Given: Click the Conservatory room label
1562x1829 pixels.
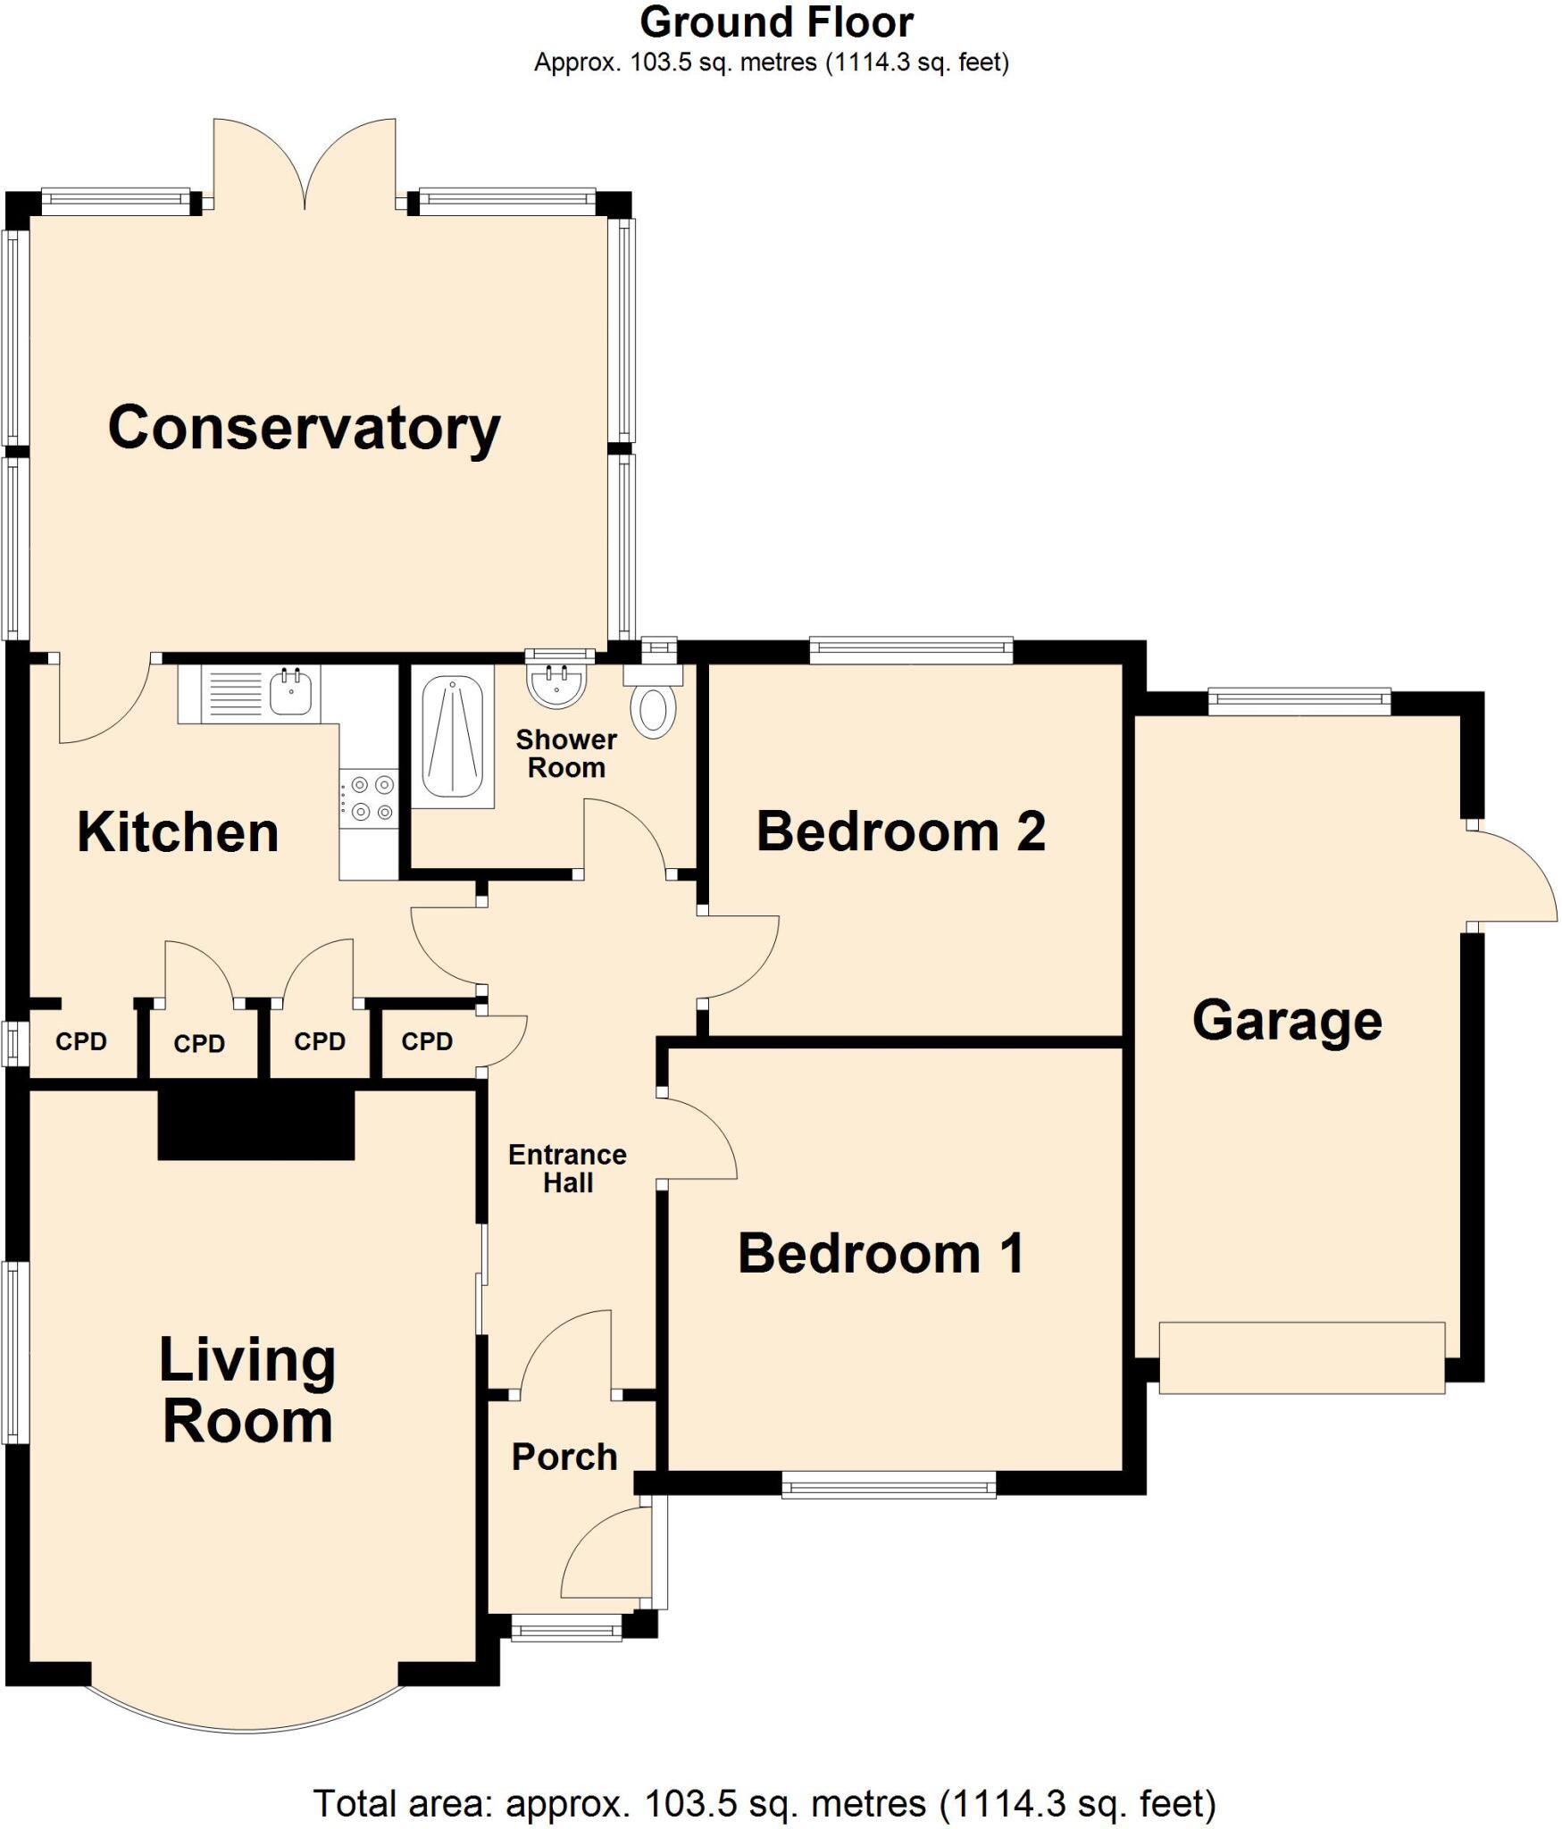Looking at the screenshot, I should [304, 429].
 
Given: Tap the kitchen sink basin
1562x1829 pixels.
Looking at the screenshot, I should [291, 692].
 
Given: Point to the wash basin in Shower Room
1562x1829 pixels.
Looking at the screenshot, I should [558, 684].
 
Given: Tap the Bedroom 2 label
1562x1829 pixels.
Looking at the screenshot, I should [900, 831].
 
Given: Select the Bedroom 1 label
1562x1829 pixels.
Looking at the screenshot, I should [881, 1253].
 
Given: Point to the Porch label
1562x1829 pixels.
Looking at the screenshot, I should [564, 1457].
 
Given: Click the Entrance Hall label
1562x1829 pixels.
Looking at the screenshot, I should [568, 1168].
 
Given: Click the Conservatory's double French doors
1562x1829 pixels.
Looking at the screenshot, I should [305, 165].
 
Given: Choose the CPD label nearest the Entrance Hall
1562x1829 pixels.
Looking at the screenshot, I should [427, 1041].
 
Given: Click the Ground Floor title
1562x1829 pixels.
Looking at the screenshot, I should [776, 23].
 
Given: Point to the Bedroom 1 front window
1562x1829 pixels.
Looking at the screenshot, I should [889, 1484].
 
